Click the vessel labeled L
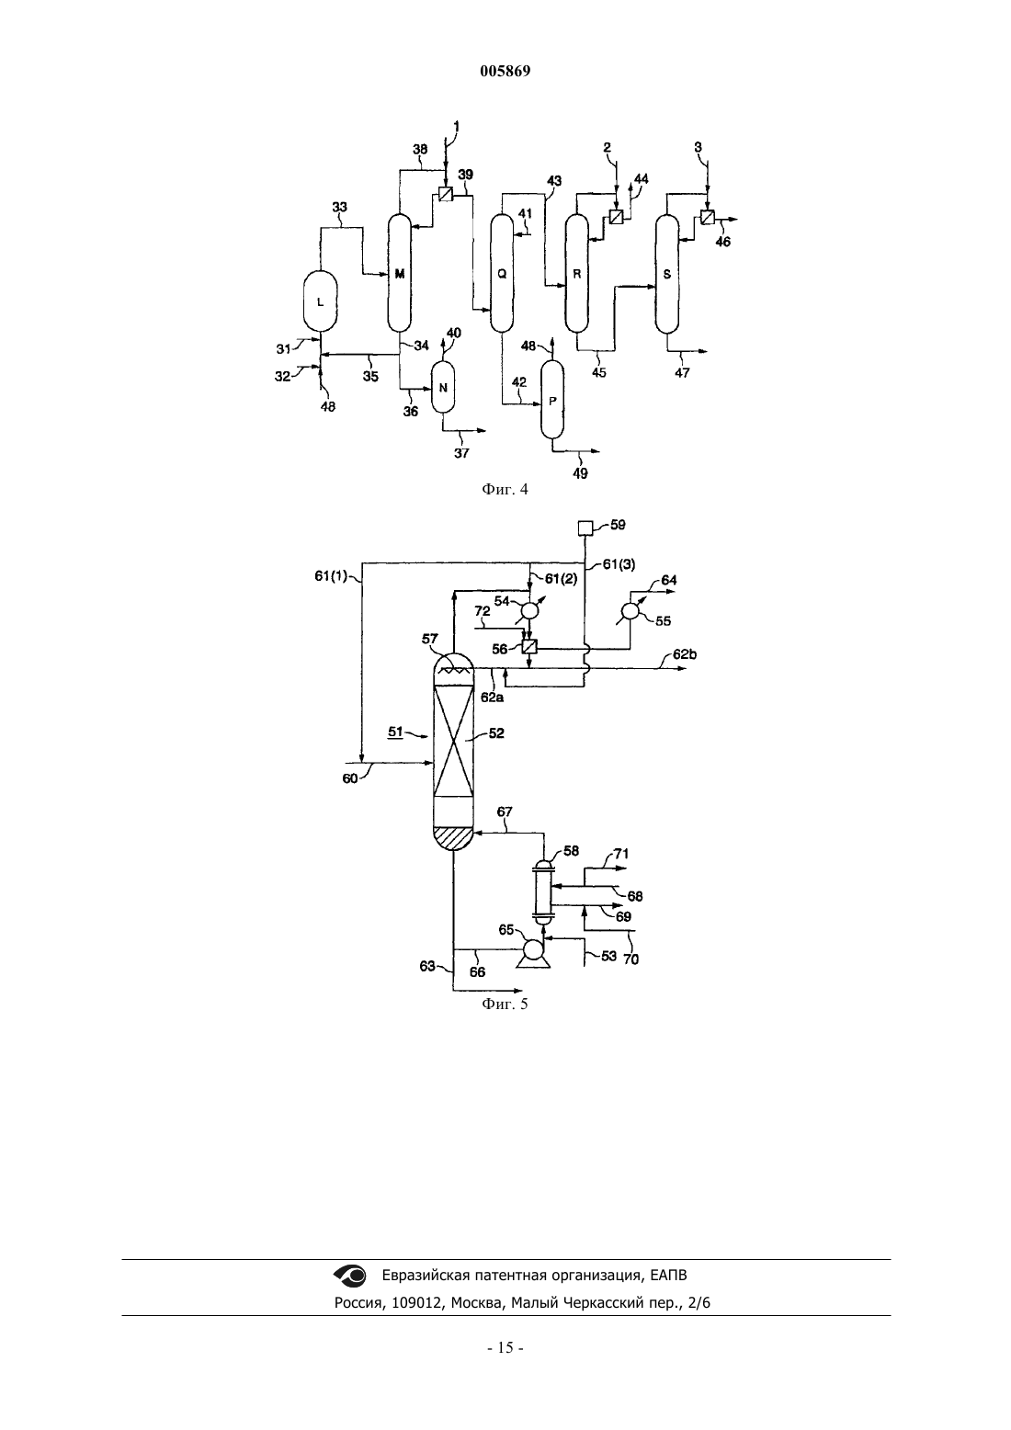pos(320,301)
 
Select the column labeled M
pos(400,273)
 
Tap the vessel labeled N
pos(443,388)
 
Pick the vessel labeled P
pos(552,401)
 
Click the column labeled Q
pos(502,273)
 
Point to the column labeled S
pos(667,274)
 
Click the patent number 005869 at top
pos(505,71)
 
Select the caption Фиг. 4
pos(505,490)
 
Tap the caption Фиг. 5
pos(505,1004)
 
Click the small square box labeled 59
pos(585,528)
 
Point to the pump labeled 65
pos(532,953)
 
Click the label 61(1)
pos(331,576)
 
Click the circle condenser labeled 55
pos(630,611)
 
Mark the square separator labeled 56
pos(529,647)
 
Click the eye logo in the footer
pos(350,1275)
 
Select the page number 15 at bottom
pos(505,1347)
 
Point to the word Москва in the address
pos(475,1303)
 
